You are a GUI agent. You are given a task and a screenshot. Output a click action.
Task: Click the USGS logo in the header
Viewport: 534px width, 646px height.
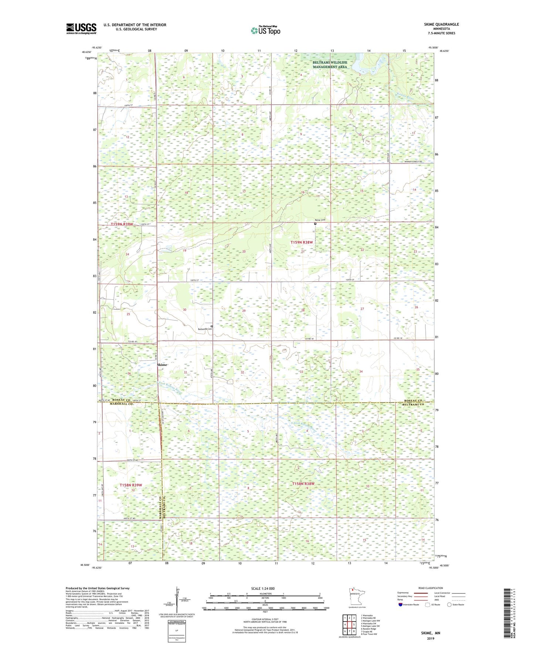81,28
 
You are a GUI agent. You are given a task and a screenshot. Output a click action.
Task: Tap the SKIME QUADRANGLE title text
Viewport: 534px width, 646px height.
441,24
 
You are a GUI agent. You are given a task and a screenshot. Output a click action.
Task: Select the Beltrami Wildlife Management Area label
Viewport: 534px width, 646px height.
330,65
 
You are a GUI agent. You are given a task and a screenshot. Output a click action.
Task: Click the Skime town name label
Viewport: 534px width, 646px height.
162,365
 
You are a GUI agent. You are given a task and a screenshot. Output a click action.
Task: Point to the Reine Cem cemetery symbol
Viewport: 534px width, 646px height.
315,224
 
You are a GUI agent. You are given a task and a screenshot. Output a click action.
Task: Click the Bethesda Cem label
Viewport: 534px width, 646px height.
204,329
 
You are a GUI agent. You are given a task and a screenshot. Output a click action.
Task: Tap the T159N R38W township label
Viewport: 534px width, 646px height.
302,242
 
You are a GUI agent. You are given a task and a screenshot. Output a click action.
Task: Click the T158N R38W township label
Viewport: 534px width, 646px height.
303,484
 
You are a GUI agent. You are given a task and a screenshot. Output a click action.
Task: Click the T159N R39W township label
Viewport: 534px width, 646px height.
122,224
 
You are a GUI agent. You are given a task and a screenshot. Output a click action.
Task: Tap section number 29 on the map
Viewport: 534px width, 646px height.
244,311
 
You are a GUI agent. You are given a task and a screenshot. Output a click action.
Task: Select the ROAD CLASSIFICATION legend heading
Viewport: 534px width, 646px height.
431,588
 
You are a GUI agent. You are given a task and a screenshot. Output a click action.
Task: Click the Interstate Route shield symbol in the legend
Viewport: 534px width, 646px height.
401,605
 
